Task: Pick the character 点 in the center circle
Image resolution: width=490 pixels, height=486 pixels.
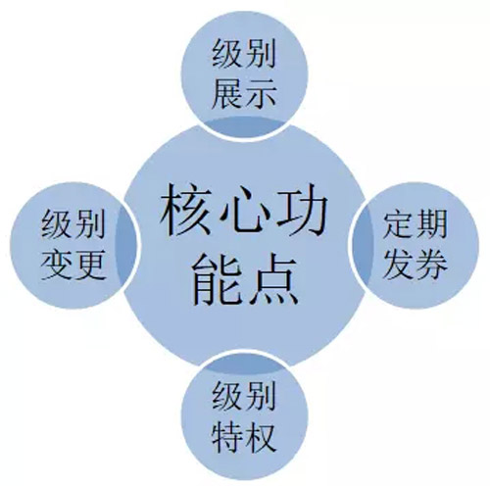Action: coord(273,279)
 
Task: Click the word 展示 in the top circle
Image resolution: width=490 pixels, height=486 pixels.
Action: coord(244,94)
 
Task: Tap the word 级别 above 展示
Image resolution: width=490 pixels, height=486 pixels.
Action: coord(244,53)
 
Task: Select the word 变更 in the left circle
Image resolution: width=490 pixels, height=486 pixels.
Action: coord(73,266)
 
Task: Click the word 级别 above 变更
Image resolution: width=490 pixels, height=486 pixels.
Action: coord(73,224)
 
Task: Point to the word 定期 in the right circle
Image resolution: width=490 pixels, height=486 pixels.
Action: coord(415,224)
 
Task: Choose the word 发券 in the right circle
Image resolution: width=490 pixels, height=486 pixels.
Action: coord(415,266)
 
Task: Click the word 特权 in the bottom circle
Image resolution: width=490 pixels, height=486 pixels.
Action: coord(244,436)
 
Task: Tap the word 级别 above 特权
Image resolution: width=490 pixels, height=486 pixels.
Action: coord(244,395)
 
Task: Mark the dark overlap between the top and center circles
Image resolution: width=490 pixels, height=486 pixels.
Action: coord(245,126)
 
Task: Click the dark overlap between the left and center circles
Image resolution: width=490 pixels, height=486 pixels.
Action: coord(126,246)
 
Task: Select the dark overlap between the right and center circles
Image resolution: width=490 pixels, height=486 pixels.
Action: coord(363,246)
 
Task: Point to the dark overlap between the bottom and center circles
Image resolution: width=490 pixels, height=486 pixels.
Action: coord(245,364)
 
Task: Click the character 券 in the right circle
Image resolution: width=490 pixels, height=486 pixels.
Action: coord(432,266)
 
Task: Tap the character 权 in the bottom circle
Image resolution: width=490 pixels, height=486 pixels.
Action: coord(262,436)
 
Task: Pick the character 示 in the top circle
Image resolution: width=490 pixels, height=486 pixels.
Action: coord(262,94)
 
